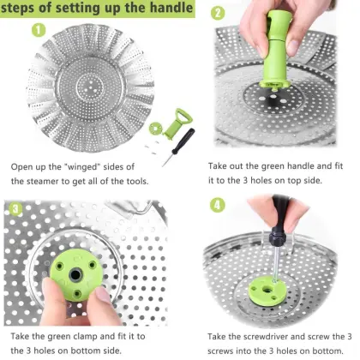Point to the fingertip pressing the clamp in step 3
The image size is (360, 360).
pyautogui.click(x=104, y=297)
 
